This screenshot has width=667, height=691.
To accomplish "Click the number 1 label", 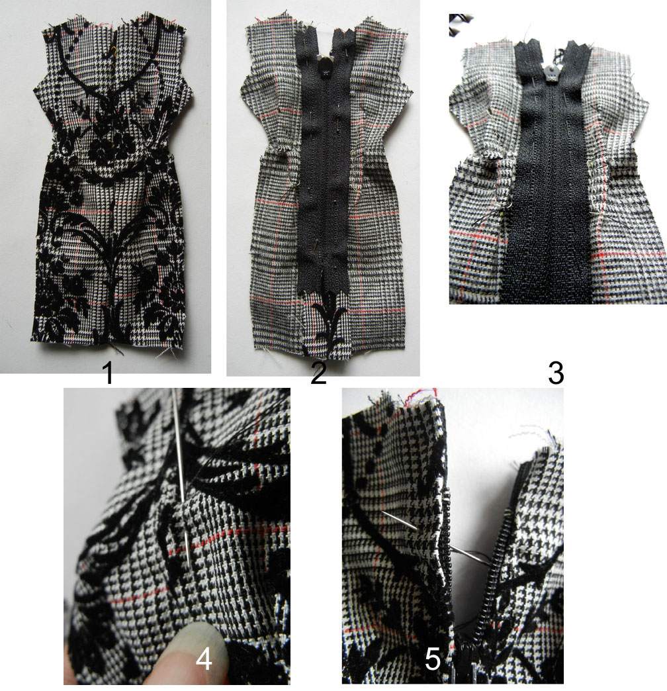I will point(107,374).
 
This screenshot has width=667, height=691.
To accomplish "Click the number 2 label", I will point(318,374).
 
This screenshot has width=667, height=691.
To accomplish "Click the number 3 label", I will point(556,374).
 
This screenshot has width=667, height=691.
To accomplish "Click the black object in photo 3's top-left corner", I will point(458,25).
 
